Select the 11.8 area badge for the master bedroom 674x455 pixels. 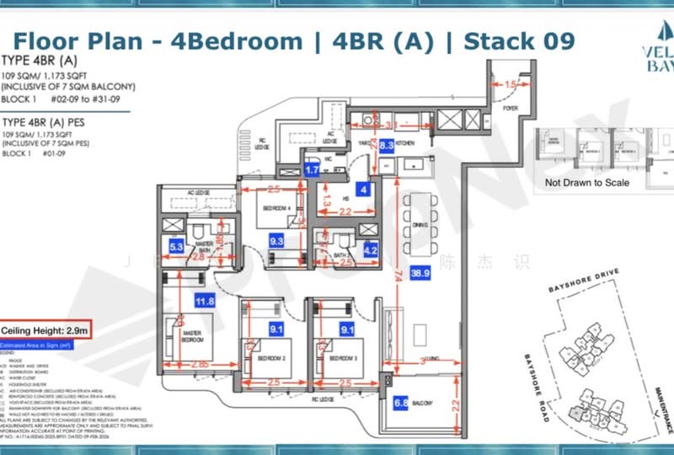pos(204,300)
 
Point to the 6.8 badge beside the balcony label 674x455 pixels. pos(401,403)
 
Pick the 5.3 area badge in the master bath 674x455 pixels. pos(177,247)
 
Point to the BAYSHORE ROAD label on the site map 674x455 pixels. pos(537,386)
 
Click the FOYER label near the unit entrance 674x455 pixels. pos(511,108)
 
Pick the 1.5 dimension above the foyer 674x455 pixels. pos(512,85)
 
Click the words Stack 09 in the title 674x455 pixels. pos(520,40)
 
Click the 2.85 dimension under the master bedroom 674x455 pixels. pos(199,364)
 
